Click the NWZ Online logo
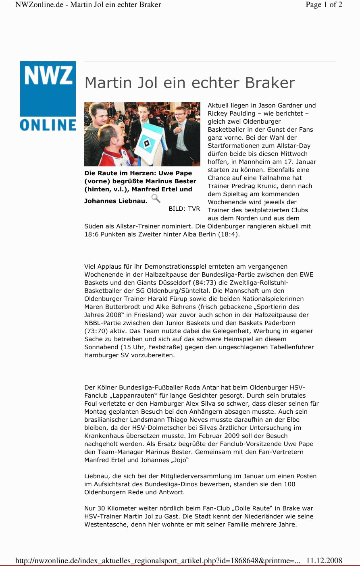pos(48,96)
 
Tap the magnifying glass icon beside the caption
pos(156,198)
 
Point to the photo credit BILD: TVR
pos(184,209)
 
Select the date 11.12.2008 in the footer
pos(324,560)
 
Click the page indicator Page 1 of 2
pos(324,5)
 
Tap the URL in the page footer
pos(158,560)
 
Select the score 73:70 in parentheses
pos(96,331)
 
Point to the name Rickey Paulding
pos(231,114)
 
